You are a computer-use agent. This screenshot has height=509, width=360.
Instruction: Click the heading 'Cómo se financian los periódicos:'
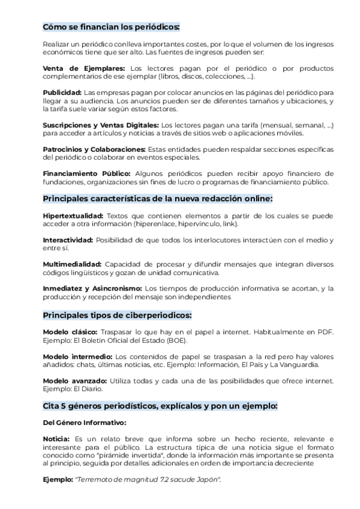(x=111, y=27)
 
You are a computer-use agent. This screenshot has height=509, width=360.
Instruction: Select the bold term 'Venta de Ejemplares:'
(x=84, y=69)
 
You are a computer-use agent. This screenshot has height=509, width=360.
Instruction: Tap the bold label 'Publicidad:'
(x=62, y=93)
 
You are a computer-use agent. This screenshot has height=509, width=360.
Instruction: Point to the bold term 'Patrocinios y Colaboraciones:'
(x=94, y=149)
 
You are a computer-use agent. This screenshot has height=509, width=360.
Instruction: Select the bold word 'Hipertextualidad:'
(x=73, y=215)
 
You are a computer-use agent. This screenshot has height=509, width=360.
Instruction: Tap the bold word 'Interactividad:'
(x=68, y=239)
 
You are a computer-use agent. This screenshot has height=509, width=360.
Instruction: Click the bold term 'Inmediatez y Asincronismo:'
(x=92, y=288)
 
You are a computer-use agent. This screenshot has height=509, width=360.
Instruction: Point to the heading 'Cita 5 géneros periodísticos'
(x=160, y=406)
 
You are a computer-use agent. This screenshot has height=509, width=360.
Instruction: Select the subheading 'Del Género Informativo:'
(x=84, y=423)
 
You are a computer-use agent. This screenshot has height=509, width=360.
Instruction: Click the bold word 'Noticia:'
(x=56, y=439)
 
